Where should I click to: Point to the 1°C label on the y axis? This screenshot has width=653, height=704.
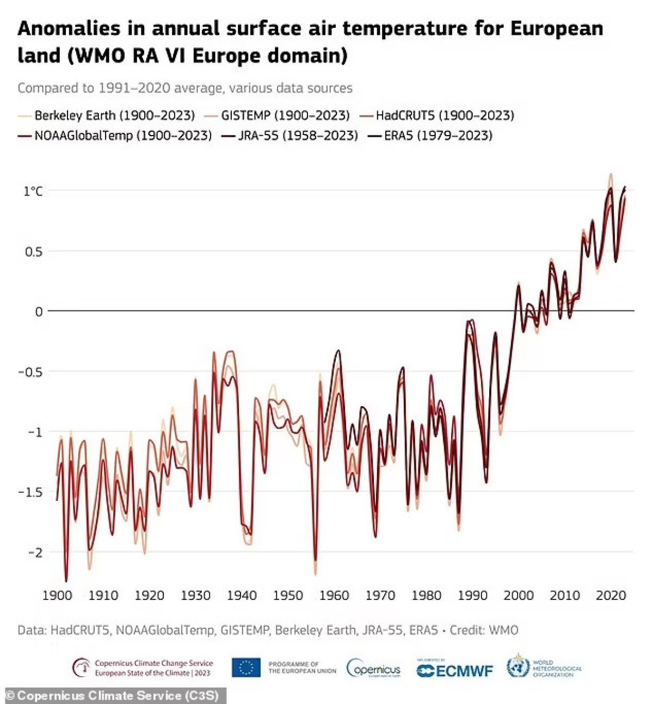pos(33,191)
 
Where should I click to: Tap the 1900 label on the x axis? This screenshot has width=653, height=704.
pos(57,596)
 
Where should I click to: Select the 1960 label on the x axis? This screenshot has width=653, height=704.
pos(334,596)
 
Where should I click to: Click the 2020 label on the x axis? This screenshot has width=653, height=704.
pos(611,596)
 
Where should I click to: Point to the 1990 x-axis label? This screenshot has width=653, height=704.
pos(472,596)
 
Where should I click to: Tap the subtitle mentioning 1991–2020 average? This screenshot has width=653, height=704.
pos(185,88)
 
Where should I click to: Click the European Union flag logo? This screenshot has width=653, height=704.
pos(246,668)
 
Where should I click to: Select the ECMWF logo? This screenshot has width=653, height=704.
pos(455,670)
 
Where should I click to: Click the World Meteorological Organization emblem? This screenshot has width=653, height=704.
pos(518,666)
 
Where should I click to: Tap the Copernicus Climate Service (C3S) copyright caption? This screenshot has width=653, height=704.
pos(113,695)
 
